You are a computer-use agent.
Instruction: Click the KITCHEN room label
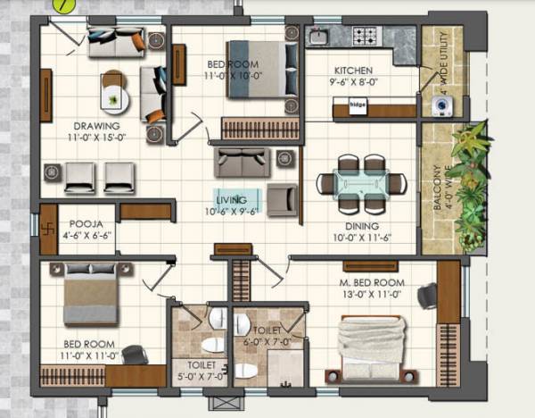point(353,71)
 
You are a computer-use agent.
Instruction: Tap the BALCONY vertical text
point(437,187)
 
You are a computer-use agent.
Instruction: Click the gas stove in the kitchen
point(366,37)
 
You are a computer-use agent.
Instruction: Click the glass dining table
point(361,182)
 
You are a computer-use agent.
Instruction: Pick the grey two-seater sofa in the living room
point(242,163)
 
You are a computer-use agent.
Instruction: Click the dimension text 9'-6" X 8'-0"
point(353,81)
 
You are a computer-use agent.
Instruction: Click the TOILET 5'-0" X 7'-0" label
point(195,370)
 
